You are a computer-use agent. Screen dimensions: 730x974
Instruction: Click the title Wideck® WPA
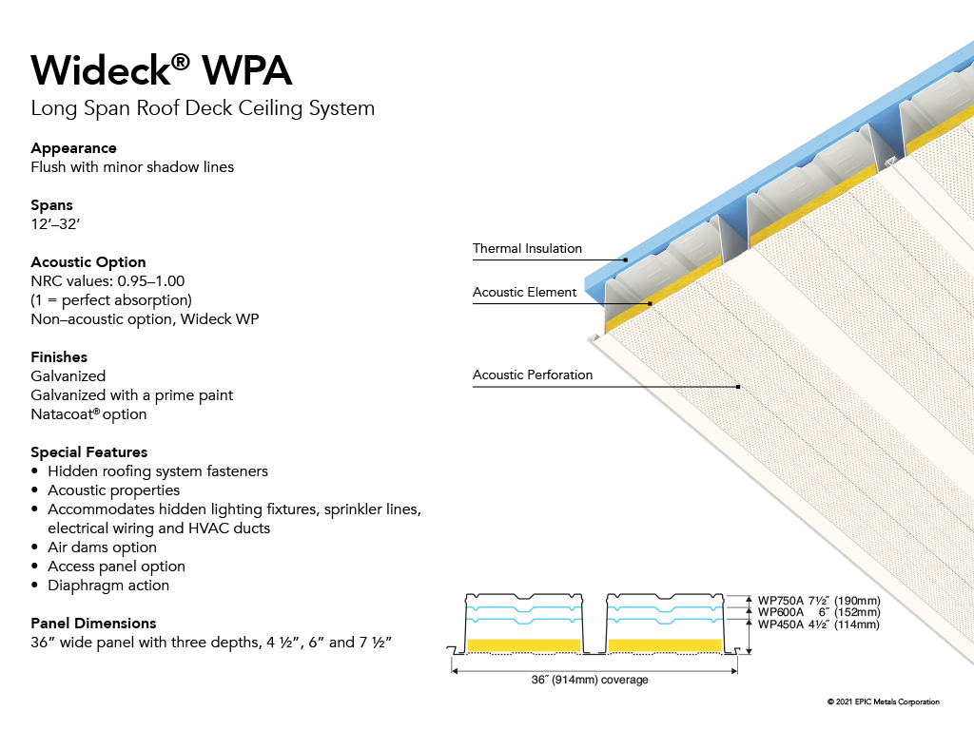[x=162, y=70]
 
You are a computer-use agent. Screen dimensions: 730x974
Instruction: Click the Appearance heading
[x=73, y=148]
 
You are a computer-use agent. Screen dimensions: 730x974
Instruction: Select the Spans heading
[x=51, y=205]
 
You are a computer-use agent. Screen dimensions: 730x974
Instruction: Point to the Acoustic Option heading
[x=88, y=262]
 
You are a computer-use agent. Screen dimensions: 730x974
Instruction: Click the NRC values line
[x=107, y=281]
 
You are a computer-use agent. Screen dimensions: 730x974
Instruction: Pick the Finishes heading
[x=59, y=357]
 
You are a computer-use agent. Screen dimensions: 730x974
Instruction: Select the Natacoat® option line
[x=88, y=414]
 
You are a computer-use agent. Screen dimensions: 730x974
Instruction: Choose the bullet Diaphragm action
[x=108, y=586]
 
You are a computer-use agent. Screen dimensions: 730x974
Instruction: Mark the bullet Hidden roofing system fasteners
[x=158, y=471]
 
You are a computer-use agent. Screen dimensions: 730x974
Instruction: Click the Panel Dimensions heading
[x=93, y=624]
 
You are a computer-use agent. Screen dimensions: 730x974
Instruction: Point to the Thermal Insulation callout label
[x=527, y=249]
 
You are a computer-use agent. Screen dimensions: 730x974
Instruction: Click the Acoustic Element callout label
[x=524, y=293]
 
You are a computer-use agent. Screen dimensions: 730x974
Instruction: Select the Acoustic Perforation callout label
[x=533, y=375]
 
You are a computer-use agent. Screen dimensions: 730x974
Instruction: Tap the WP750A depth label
[x=819, y=601]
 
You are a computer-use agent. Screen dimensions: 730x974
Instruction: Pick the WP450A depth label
[x=819, y=624]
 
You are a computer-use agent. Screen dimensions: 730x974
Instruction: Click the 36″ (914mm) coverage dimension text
[x=590, y=681]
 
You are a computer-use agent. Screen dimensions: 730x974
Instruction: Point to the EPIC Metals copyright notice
[x=883, y=702]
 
